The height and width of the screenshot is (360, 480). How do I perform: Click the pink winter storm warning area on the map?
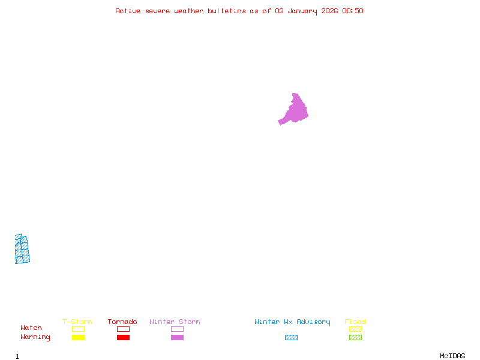point(295,110)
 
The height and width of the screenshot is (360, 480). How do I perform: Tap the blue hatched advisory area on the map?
point(22,250)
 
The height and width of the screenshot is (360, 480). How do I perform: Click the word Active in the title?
point(128,11)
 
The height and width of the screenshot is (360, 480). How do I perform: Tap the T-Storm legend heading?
point(77,322)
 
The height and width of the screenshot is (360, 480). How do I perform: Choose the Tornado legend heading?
point(122,322)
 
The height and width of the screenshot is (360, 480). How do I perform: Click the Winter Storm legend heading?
point(175,322)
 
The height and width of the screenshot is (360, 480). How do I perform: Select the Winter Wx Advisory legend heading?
point(292,322)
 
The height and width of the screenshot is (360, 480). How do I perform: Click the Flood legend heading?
point(355,322)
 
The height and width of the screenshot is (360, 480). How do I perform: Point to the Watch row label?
point(31,328)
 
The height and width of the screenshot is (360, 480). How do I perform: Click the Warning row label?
point(35,337)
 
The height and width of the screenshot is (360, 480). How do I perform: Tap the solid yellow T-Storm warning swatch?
point(78,337)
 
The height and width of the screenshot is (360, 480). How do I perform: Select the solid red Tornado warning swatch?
point(123,337)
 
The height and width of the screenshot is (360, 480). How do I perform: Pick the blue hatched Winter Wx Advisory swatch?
point(291,337)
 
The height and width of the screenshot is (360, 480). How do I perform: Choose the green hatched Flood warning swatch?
point(355,337)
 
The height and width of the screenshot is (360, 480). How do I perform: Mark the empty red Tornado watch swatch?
point(123,329)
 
